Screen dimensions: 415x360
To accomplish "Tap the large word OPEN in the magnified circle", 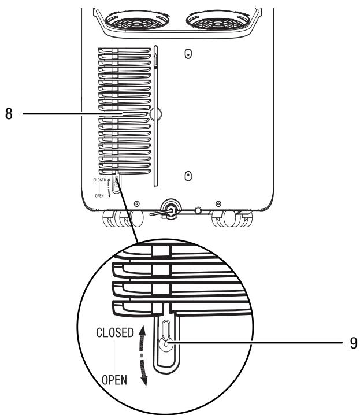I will [113, 382].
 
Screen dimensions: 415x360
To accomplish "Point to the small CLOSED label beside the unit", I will [99, 180].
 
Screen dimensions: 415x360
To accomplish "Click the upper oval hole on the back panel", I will [187, 54].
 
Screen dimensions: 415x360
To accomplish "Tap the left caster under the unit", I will [121, 220].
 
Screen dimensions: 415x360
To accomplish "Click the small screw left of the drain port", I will [136, 204].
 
